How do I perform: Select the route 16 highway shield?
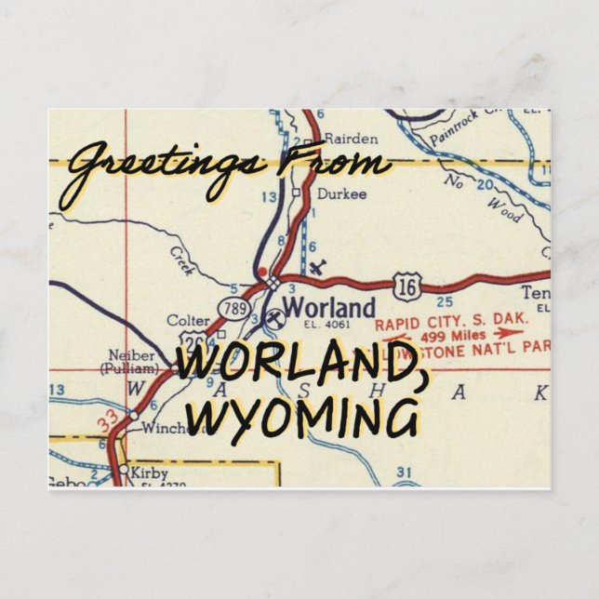click(x=403, y=286)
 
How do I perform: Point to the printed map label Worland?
click(x=328, y=307)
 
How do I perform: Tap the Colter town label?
click(x=188, y=320)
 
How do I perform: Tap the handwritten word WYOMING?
click(x=307, y=416)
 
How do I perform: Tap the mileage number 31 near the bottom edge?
click(x=403, y=473)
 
